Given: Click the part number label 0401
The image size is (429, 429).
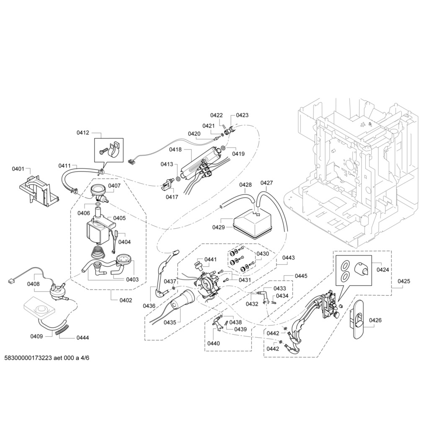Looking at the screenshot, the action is [18, 169].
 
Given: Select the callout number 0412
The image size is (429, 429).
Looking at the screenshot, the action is [83, 133].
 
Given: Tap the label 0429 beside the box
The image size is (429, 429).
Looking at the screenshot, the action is [218, 227].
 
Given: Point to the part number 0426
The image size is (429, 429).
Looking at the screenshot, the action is [375, 320].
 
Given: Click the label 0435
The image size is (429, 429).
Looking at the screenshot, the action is [170, 323].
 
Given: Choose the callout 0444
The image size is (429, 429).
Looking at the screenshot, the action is [83, 338].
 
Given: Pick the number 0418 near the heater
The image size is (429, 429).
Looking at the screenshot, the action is [175, 150].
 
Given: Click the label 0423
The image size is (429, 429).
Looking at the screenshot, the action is [242, 115].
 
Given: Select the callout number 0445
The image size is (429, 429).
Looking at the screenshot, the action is [301, 276].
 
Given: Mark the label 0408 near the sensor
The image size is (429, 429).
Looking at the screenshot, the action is [34, 284].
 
